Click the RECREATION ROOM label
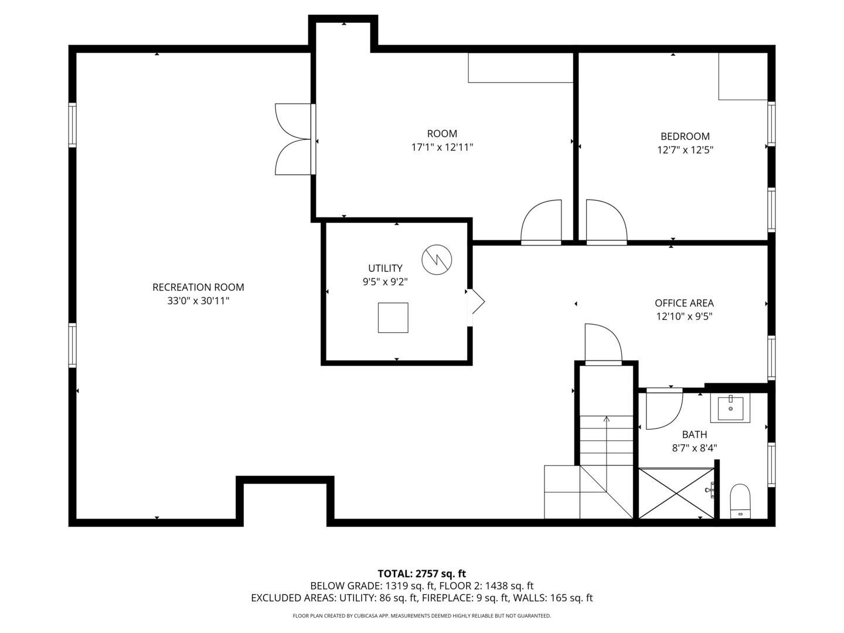198,287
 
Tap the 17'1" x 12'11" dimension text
442,148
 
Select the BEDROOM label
685,136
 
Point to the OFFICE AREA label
684,303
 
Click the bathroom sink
730,408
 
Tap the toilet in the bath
740,501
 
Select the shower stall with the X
676,494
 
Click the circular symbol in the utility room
437,259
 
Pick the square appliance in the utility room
393,318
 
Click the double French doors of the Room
295,139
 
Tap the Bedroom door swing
605,222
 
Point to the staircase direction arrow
606,420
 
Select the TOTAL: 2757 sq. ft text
421,573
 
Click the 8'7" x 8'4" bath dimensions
694,448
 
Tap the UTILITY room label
385,268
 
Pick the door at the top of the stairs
603,345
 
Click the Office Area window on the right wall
771,358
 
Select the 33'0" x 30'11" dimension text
198,301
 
